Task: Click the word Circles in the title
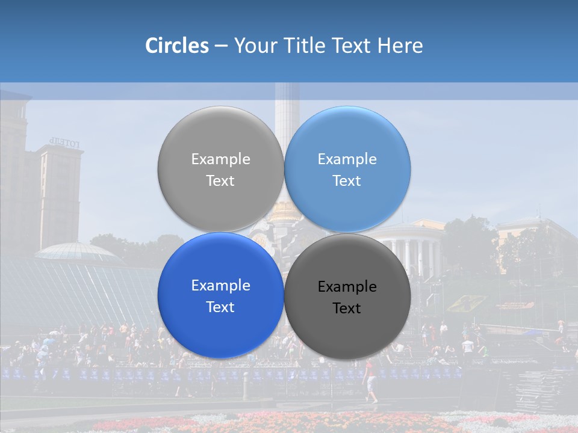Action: click(176, 46)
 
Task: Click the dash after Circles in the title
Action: click(221, 46)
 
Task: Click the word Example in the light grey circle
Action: click(220, 159)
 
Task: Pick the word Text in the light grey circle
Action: click(220, 180)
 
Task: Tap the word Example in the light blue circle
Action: click(347, 159)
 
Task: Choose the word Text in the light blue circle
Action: click(347, 180)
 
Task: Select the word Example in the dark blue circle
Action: click(220, 286)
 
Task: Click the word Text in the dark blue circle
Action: click(220, 307)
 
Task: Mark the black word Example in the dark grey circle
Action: click(347, 287)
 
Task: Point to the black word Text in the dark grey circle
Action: click(347, 308)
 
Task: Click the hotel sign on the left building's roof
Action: click(64, 143)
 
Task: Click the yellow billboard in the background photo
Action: click(467, 302)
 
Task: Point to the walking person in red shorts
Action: click(371, 382)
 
